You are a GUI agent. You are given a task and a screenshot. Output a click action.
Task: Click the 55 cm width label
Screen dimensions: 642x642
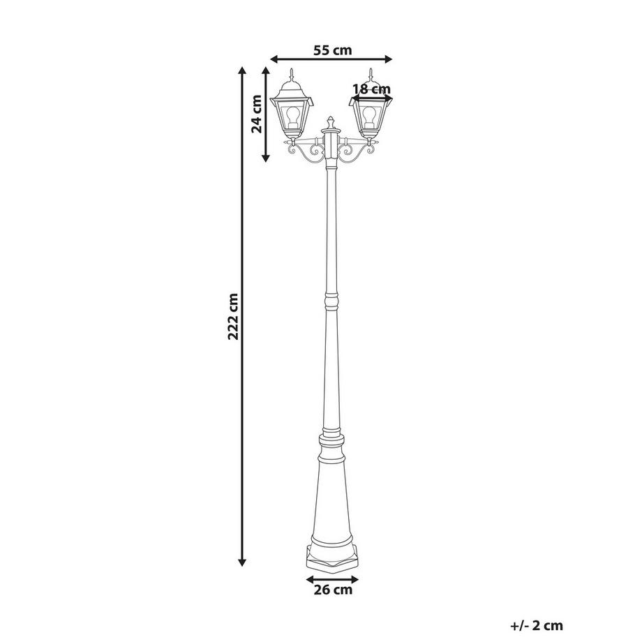331,50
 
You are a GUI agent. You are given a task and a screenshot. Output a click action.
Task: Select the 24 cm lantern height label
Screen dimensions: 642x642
257,114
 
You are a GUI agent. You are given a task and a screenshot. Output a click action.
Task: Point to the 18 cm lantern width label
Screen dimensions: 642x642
371,89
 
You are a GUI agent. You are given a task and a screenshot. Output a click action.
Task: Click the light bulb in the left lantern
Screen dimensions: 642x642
294,113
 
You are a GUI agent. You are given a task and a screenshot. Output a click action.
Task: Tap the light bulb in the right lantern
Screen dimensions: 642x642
371,114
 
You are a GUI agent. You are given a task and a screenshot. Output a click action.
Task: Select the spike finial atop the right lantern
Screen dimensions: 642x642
371,73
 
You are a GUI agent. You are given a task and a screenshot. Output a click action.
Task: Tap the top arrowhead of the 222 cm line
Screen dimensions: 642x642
242,70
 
